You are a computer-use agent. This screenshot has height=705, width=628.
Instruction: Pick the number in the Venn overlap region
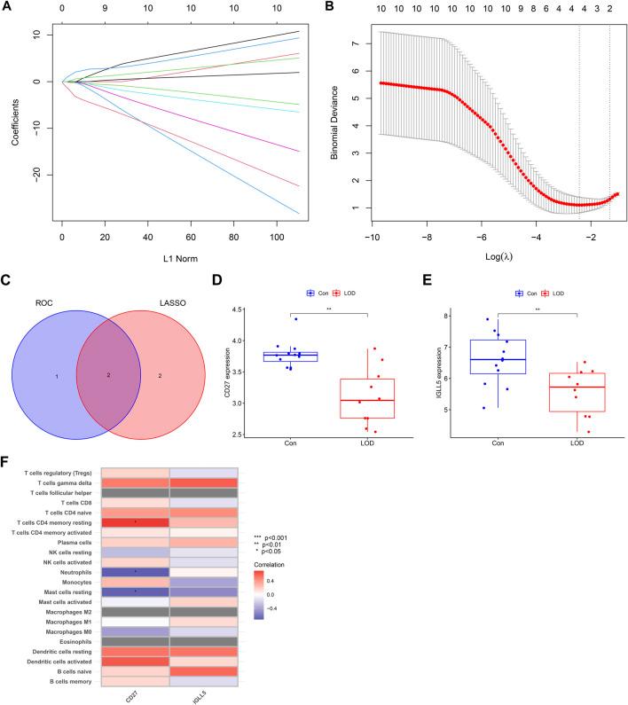109,375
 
